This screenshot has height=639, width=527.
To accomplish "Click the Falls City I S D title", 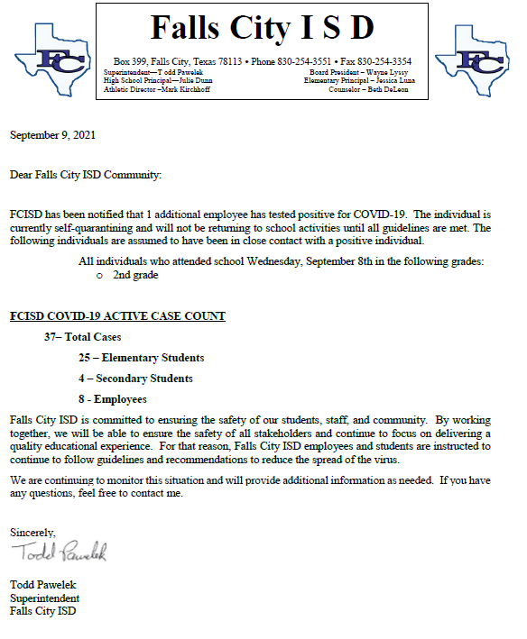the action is pos(262,28).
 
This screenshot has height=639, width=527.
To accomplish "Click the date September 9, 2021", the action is pos(52,135).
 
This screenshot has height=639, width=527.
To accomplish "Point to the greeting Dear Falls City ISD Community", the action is pos(86,174).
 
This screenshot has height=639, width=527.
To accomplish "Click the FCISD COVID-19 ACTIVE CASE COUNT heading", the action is pos(117,316).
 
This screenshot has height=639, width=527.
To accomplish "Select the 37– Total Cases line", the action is pos(82,337).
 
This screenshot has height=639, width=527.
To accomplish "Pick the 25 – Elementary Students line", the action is pos(141,358).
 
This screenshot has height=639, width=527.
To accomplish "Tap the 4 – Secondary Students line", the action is pos(135,379).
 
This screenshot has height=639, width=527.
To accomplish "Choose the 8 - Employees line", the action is pos(112,399).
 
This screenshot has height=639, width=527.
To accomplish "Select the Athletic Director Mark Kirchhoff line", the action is pos(157,90).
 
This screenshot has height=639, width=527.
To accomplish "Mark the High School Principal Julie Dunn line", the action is pos(157,80).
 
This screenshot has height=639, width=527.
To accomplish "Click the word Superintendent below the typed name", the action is pos(44,598).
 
